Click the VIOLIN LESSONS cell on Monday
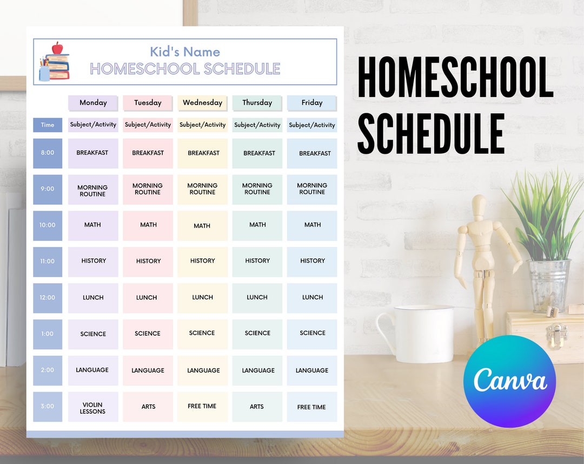pos(93,407)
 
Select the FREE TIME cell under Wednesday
pos(202,407)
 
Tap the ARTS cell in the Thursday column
pos(257,407)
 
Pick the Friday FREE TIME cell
pos(312,407)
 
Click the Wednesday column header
pos(202,103)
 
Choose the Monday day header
pos(93,103)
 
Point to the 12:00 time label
pos(48,298)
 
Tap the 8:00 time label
pos(48,153)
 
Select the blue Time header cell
pos(48,125)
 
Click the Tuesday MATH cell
pos(148,225)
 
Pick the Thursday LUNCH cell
pos(257,298)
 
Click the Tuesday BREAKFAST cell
pos(148,153)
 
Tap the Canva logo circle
pos(509,381)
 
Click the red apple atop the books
pos(57,48)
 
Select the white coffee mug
pos(419,334)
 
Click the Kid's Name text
pos(185,52)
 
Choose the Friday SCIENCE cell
pos(312,334)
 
